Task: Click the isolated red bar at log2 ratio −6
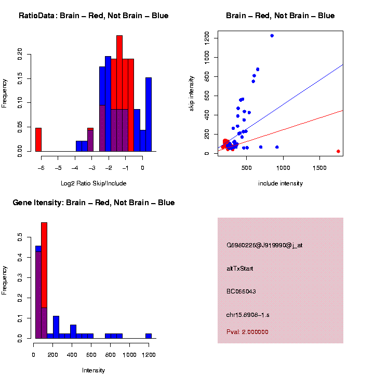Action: [x=38, y=139]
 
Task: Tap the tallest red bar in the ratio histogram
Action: [x=119, y=94]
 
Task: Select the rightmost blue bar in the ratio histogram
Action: [x=149, y=114]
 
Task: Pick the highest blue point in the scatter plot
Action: [x=272, y=36]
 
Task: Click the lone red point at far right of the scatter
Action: [x=338, y=151]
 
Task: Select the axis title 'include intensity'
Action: [x=280, y=183]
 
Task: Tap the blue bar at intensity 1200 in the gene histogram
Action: [x=149, y=336]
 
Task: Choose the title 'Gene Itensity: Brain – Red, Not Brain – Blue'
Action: [x=94, y=203]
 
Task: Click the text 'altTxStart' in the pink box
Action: [x=240, y=269]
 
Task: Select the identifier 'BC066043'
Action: [x=241, y=291]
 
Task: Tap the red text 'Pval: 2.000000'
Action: [x=247, y=332]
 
